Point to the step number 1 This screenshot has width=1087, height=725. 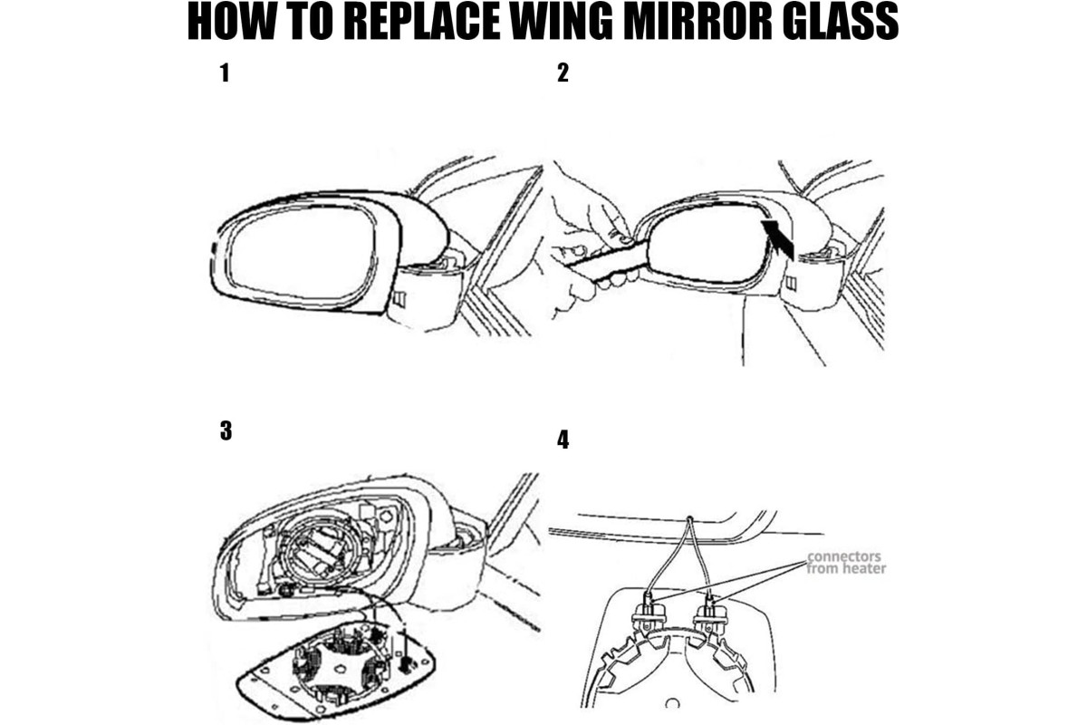coord(225,73)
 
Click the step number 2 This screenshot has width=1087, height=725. coord(563,73)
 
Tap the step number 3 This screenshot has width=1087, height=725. coord(226,430)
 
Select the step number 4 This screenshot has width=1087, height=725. coord(563,440)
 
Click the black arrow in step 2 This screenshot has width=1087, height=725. coord(778,238)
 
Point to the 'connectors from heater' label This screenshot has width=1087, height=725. coord(846,562)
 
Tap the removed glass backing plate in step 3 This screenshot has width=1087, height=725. coord(335,672)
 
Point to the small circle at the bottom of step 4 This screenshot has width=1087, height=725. coord(672,703)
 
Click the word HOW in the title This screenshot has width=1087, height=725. coord(231,22)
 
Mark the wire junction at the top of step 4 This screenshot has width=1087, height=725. coord(690,518)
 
